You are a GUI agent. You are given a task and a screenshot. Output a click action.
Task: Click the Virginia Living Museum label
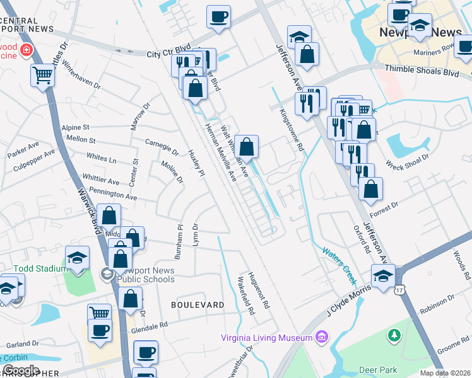[266, 337]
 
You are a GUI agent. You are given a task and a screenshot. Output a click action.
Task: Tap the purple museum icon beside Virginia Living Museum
[323, 336]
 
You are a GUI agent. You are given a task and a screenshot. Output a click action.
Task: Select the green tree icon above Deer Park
[395, 334]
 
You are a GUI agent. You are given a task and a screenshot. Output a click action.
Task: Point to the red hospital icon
[26, 50]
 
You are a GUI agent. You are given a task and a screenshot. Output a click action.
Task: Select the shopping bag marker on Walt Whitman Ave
[247, 147]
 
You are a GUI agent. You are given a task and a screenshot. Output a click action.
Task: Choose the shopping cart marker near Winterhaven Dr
[43, 76]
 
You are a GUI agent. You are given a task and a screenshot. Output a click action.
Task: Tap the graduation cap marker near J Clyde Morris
[383, 276]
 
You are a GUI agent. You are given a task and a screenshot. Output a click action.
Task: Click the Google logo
[21, 370]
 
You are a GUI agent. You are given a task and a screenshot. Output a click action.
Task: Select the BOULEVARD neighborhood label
[198, 305]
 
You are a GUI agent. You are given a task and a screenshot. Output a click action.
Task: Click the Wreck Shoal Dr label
[407, 161]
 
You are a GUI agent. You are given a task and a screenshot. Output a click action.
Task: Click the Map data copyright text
[445, 373]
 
